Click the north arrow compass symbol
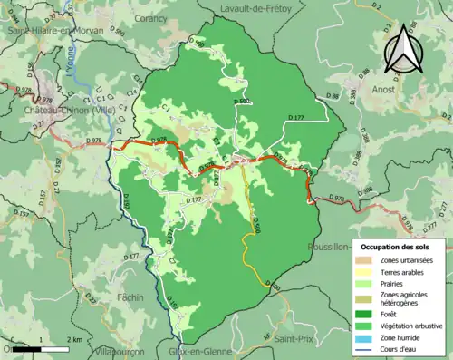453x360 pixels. pos(404,48)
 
